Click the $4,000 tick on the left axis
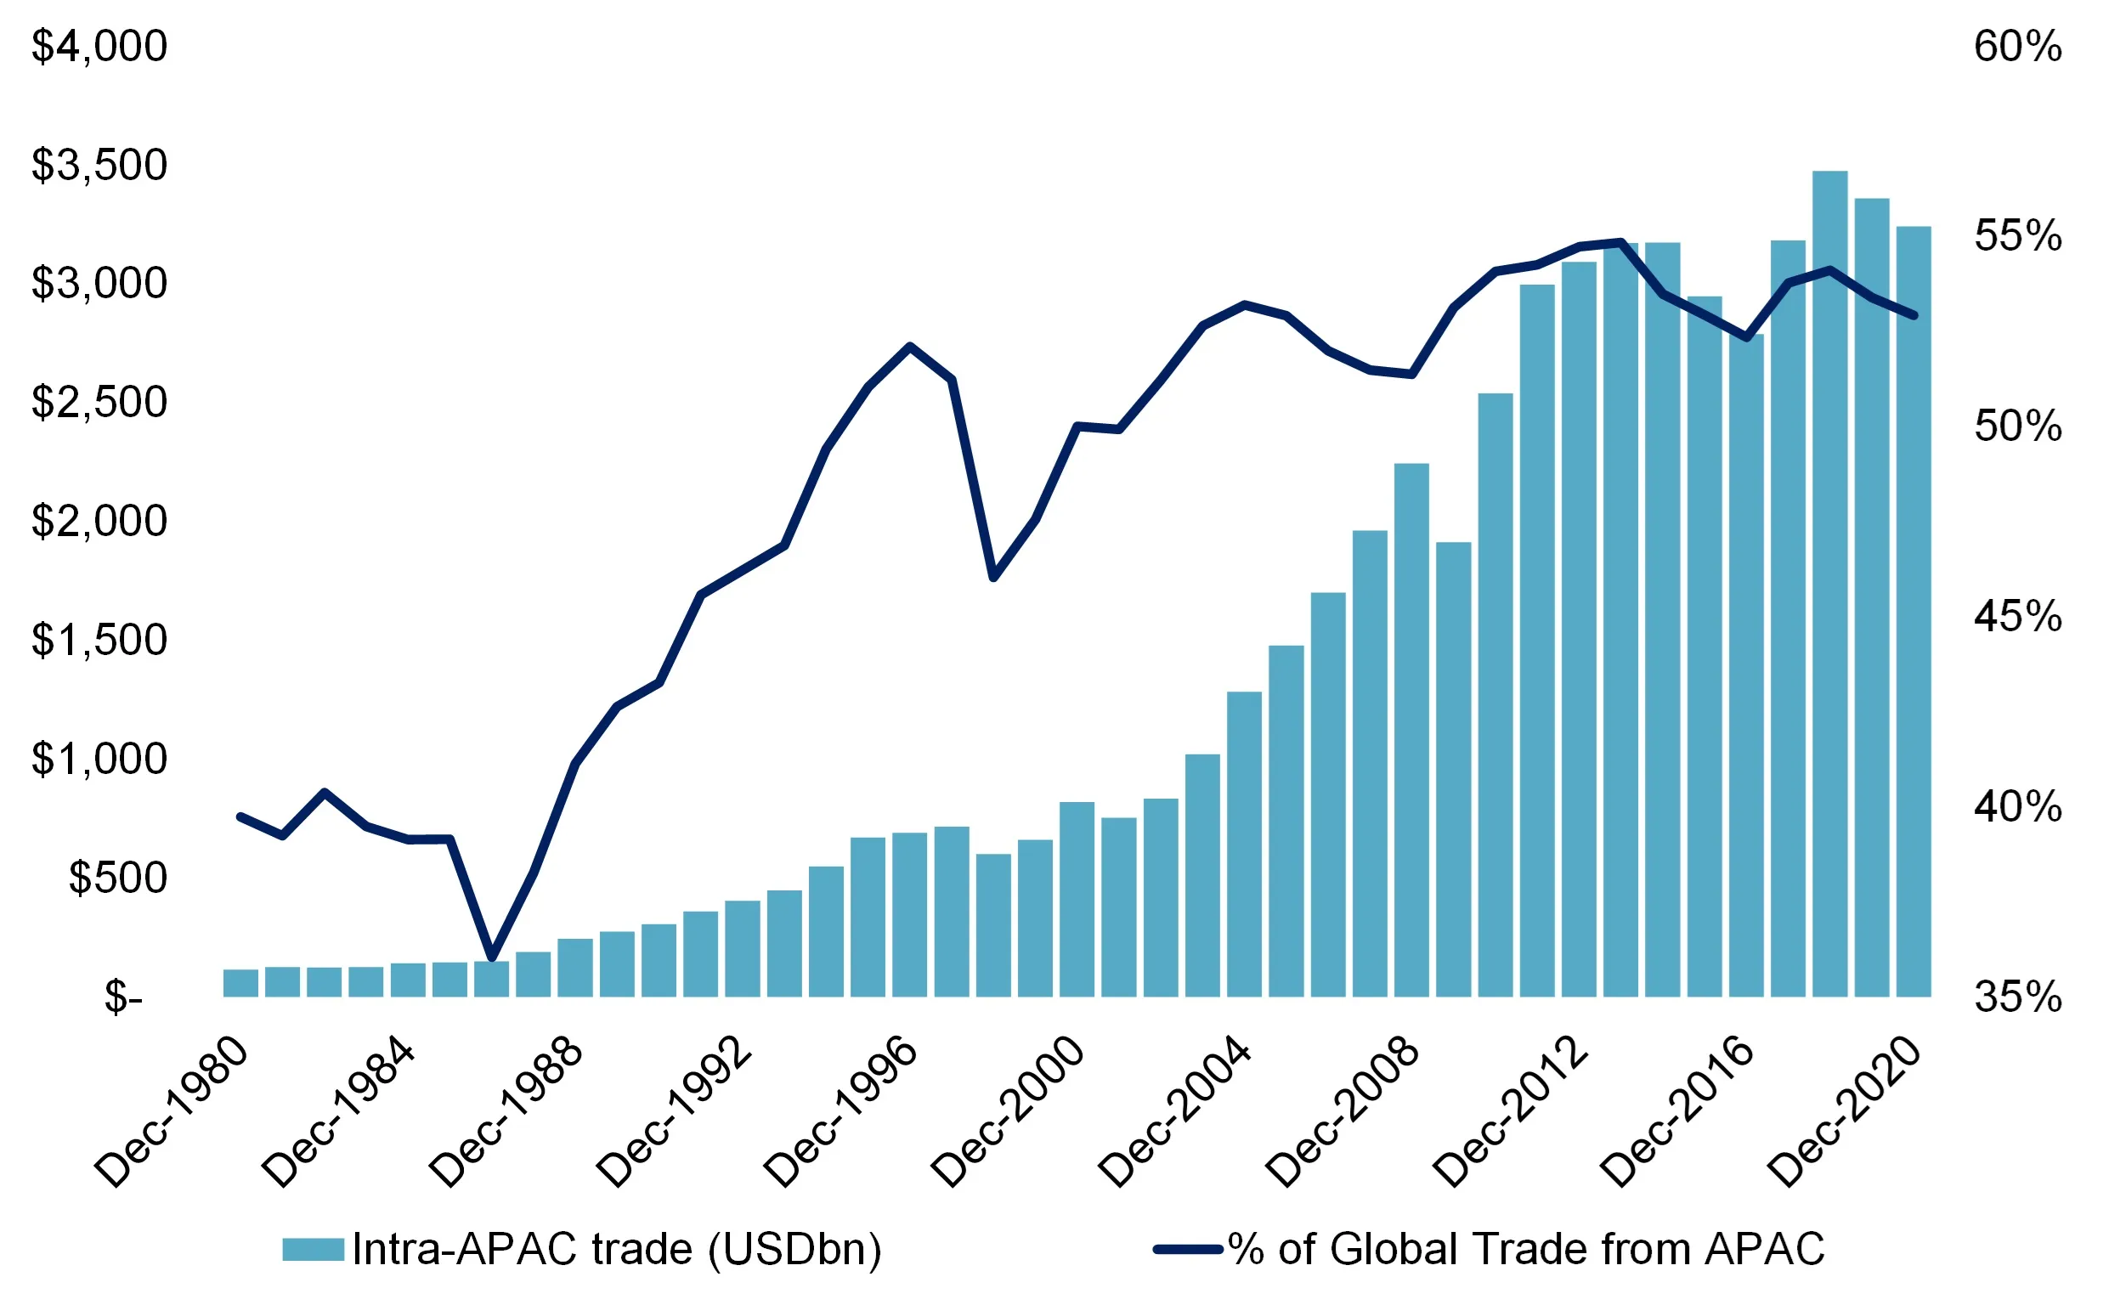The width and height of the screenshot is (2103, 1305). click(99, 47)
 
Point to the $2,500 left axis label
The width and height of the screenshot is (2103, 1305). click(99, 402)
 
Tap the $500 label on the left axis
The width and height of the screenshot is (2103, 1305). click(118, 878)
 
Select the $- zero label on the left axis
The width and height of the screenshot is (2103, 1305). click(123, 997)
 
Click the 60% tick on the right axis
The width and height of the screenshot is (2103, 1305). click(2017, 47)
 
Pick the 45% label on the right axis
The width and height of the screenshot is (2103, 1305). click(2017, 617)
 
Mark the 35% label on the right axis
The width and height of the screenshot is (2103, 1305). click(2017, 997)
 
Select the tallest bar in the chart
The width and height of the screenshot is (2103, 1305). click(1829, 584)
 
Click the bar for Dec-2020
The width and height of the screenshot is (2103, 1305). click(1914, 611)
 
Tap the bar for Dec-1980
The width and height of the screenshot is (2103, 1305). click(240, 983)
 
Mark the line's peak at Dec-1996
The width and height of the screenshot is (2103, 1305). click(909, 346)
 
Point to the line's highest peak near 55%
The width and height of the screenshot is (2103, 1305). click(1620, 241)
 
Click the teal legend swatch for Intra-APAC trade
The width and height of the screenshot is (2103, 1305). click(314, 1249)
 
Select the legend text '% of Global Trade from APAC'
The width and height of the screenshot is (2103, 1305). click(1526, 1249)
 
